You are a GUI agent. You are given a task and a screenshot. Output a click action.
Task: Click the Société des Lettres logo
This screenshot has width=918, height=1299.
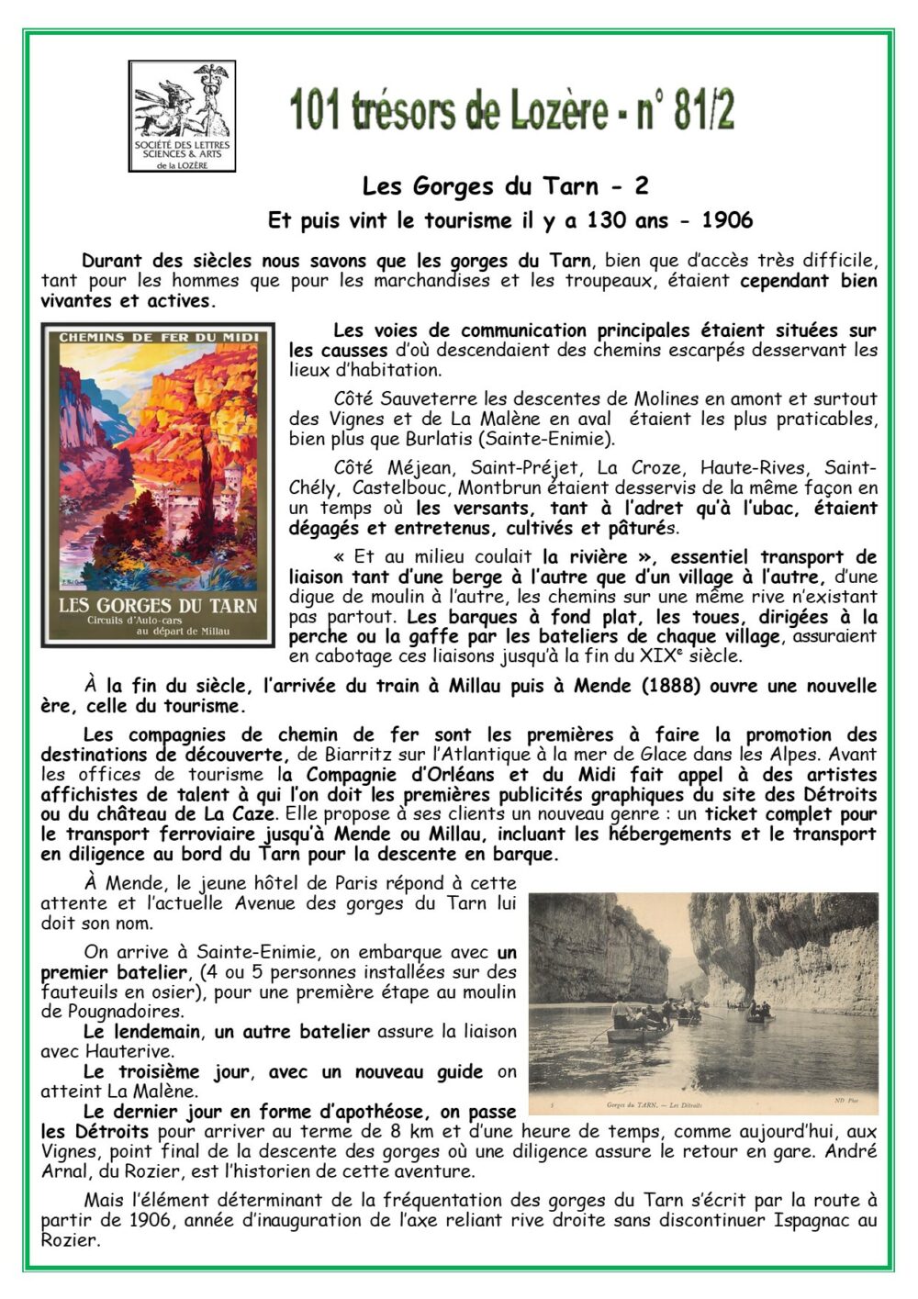point(182,116)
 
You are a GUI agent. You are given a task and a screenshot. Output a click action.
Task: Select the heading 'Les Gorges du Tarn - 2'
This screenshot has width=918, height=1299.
point(506,186)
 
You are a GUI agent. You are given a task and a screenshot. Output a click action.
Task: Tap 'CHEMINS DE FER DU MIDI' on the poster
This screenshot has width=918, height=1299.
point(158,337)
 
